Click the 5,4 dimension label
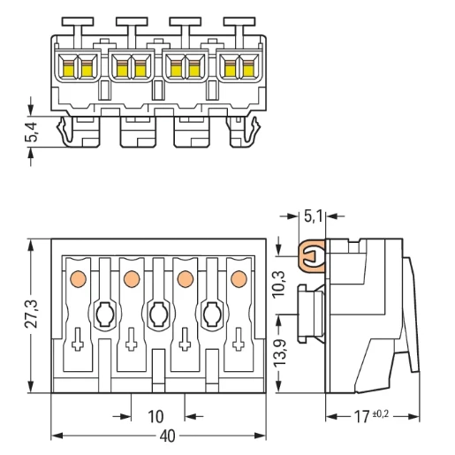pyautogui.click(x=32, y=132)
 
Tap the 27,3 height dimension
pyautogui.click(x=31, y=314)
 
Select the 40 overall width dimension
pyautogui.click(x=167, y=436)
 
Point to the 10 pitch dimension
pyautogui.click(x=155, y=417)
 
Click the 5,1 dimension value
pyautogui.click(x=313, y=216)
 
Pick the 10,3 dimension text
pyautogui.click(x=279, y=284)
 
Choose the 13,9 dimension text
pyautogui.click(x=280, y=353)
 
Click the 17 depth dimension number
pyautogui.click(x=361, y=417)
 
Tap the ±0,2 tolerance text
pyautogui.click(x=381, y=413)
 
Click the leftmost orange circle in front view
pyautogui.click(x=78, y=278)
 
